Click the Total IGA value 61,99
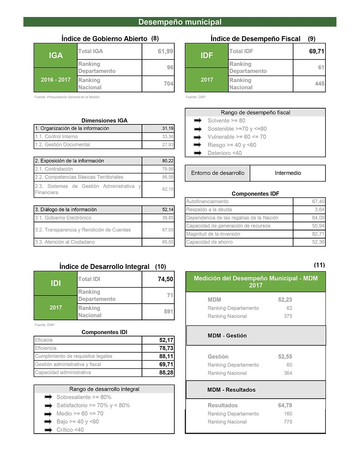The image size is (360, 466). (165, 52)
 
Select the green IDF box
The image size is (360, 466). (207, 56)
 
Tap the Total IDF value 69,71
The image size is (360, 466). (316, 52)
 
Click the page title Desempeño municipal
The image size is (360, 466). (180, 22)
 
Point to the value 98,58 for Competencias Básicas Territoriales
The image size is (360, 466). (168, 177)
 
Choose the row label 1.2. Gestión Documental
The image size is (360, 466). (63, 145)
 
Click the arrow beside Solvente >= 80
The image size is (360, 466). (198, 121)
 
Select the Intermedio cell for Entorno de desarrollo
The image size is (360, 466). (288, 173)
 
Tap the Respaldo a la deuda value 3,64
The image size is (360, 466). (319, 210)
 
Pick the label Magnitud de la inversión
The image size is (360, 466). (213, 234)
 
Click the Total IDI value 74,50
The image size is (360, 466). (165, 279)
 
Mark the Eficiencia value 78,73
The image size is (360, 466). (166, 348)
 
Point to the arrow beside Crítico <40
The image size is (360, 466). (48, 430)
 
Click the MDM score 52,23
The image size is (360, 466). (285, 300)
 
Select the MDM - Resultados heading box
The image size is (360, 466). (256, 390)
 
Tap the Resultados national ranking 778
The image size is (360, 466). (288, 422)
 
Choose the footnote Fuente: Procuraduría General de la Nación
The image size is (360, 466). (67, 97)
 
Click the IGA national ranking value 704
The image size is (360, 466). (168, 84)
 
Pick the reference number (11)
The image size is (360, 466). (319, 265)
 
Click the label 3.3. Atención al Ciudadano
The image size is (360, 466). (65, 242)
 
